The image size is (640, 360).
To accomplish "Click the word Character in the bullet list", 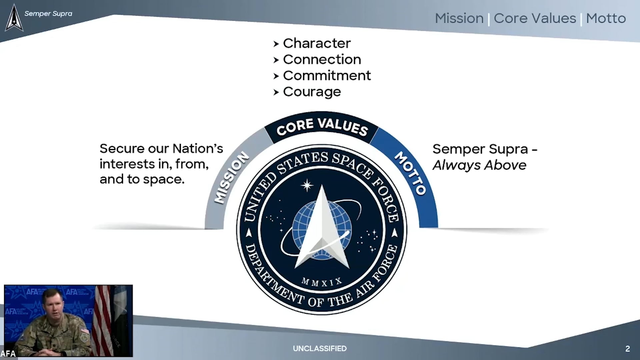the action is [317, 43].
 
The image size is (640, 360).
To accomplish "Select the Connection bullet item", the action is [322, 60].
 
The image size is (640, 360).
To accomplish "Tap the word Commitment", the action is [327, 76].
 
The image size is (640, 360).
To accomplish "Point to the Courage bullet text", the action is [312, 92].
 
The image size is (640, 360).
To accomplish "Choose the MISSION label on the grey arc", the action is [231, 177].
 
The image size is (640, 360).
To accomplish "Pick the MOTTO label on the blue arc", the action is [410, 173].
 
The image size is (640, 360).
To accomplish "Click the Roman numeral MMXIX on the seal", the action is [322, 282].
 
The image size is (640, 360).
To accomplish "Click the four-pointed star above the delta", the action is [307, 186].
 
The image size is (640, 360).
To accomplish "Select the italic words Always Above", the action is [479, 165].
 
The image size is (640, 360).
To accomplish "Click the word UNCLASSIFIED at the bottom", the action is [320, 348].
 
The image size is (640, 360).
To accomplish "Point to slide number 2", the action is [628, 349].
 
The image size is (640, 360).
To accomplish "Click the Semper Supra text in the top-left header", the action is [48, 14].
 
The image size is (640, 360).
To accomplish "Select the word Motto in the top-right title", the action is [606, 18].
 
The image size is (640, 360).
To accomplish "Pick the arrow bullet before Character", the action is [276, 44].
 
